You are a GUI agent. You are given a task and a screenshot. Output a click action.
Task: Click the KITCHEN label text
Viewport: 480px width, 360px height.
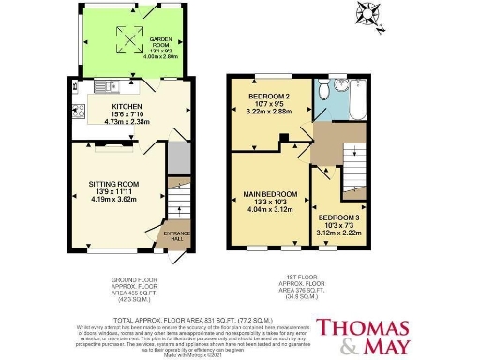[x=100, y=107]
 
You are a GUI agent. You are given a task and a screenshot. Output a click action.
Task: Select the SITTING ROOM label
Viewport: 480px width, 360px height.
[x=113, y=184]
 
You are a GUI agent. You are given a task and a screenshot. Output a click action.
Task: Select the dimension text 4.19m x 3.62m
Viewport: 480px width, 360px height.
[x=113, y=201]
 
